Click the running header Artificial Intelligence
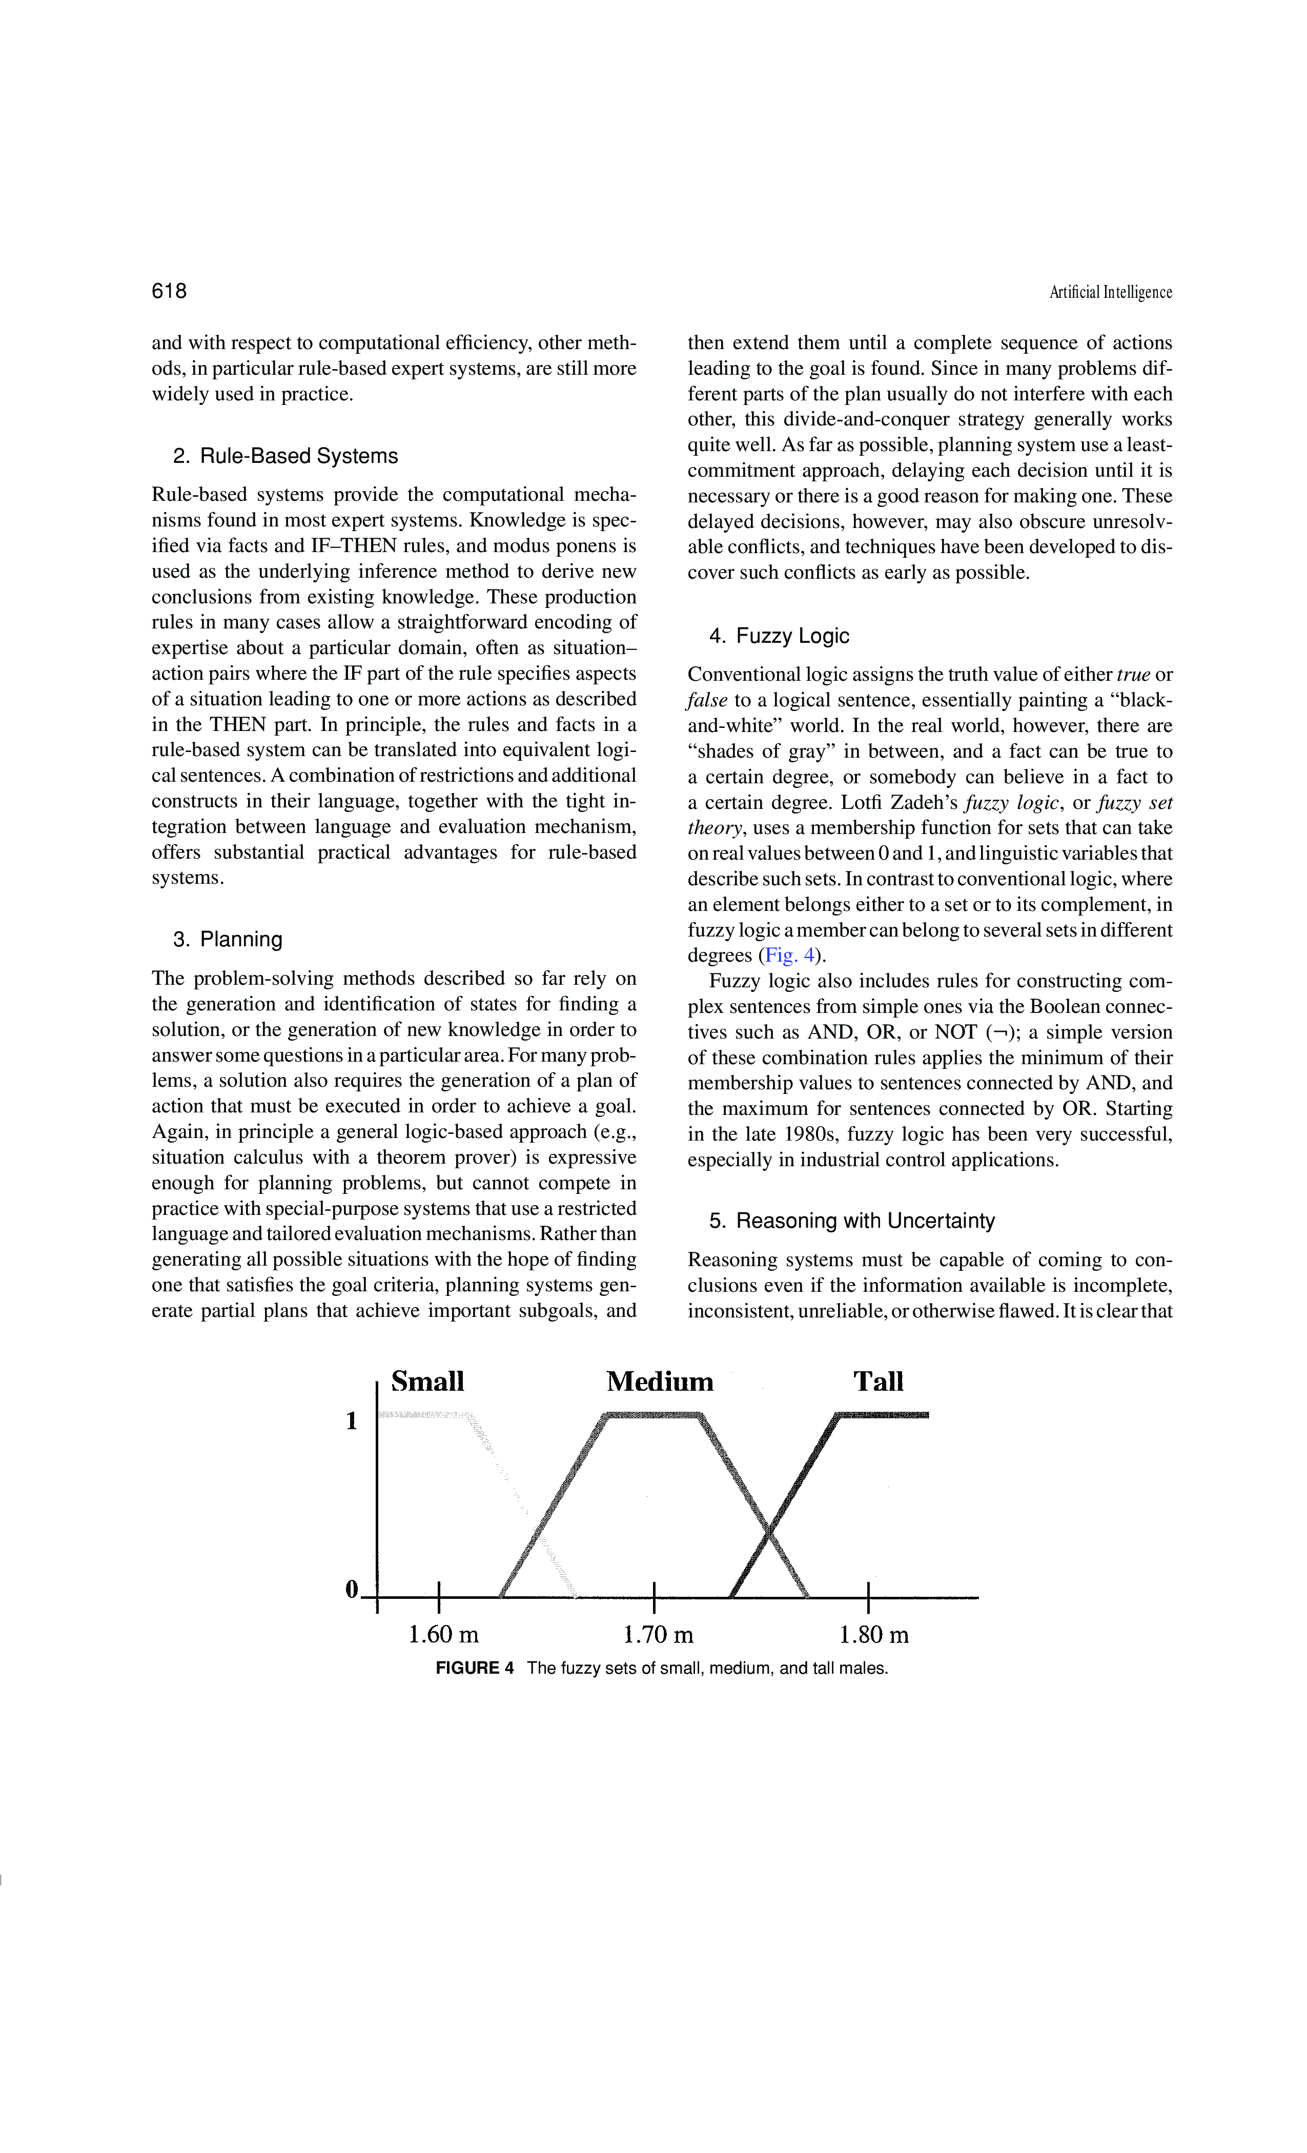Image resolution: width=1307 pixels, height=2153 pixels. [1110, 293]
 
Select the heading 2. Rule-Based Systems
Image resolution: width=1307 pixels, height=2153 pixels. [285, 456]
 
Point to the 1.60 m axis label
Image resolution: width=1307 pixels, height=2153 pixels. [444, 1634]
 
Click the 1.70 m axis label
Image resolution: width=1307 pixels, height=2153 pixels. [659, 1634]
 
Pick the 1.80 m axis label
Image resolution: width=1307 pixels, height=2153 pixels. [874, 1634]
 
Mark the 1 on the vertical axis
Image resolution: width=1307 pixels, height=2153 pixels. [351, 1421]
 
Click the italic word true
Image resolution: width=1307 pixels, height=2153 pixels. [1133, 675]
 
